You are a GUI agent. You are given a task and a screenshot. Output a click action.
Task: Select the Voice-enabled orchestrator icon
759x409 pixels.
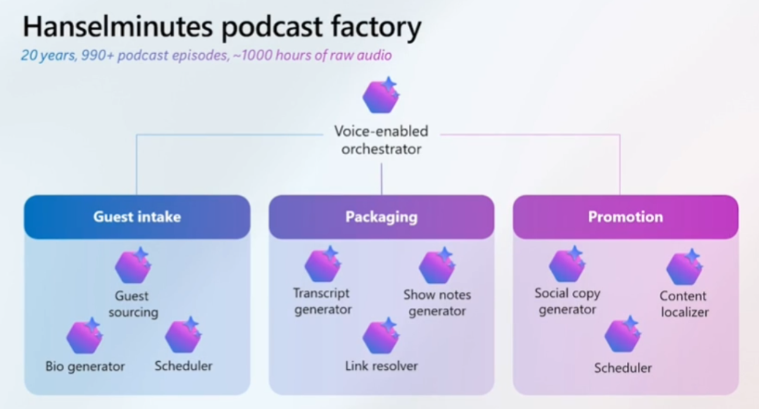[381, 96]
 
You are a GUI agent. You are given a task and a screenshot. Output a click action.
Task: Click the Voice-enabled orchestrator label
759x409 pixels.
[381, 140]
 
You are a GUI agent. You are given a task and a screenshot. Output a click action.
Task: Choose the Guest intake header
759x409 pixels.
[137, 217]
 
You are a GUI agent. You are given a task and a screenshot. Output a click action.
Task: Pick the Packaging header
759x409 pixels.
[381, 217]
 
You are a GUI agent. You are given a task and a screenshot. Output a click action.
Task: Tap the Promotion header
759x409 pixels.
[625, 217]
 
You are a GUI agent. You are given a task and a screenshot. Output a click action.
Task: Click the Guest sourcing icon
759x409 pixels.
[133, 267]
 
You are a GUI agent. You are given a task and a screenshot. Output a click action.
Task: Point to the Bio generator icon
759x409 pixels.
[84, 337]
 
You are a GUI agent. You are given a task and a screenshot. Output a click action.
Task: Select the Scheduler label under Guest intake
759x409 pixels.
[184, 366]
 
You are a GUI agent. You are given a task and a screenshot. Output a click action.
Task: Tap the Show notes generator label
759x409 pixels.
[437, 303]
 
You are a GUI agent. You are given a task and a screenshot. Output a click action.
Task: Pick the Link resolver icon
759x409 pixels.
[381, 337]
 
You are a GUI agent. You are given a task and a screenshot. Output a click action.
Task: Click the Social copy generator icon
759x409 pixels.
[567, 265]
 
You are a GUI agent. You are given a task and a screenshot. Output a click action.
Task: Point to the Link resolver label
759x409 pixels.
[381, 366]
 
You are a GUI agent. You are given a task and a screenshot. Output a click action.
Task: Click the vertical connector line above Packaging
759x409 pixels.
[381, 178]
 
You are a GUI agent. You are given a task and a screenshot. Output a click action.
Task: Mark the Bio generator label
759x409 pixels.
[85, 366]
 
